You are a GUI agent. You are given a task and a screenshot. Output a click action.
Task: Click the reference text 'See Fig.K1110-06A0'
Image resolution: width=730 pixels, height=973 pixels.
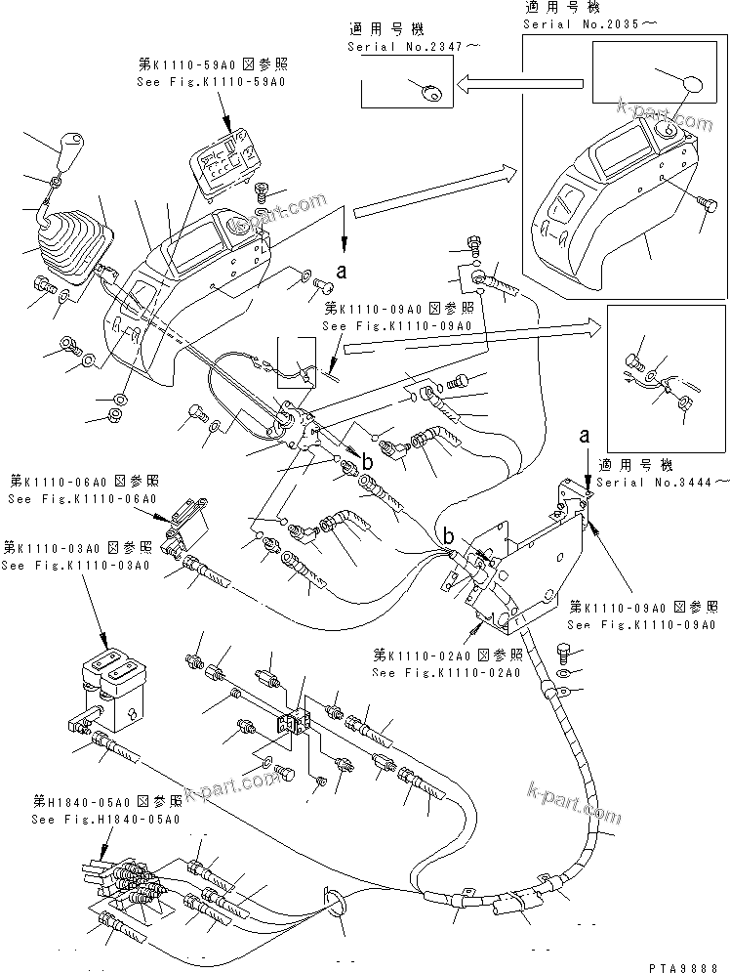point(81,499)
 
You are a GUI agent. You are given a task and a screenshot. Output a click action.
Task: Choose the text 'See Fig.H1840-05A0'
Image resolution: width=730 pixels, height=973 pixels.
point(105,820)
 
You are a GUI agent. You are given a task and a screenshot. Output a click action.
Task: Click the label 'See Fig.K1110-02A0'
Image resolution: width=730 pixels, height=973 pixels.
point(448,673)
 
